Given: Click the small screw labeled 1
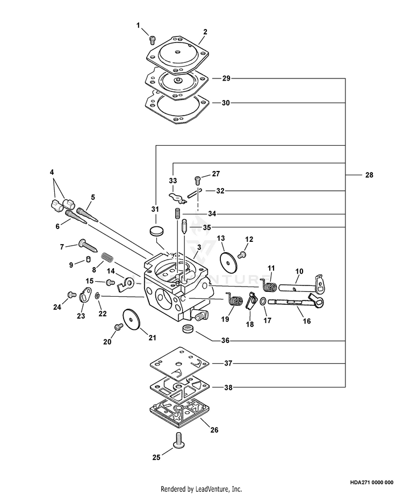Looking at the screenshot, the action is click(152, 39).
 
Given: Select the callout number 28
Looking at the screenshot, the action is click(369, 175).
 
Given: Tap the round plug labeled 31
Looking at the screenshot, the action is click(156, 231).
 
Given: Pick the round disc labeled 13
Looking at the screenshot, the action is click(228, 260).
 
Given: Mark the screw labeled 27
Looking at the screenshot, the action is click(198, 181).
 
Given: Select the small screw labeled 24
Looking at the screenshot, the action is click(71, 295).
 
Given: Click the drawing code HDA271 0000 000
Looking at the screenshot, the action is click(371, 482).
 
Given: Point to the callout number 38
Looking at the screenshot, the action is click(228, 387).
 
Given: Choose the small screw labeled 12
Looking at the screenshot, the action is click(243, 254).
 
